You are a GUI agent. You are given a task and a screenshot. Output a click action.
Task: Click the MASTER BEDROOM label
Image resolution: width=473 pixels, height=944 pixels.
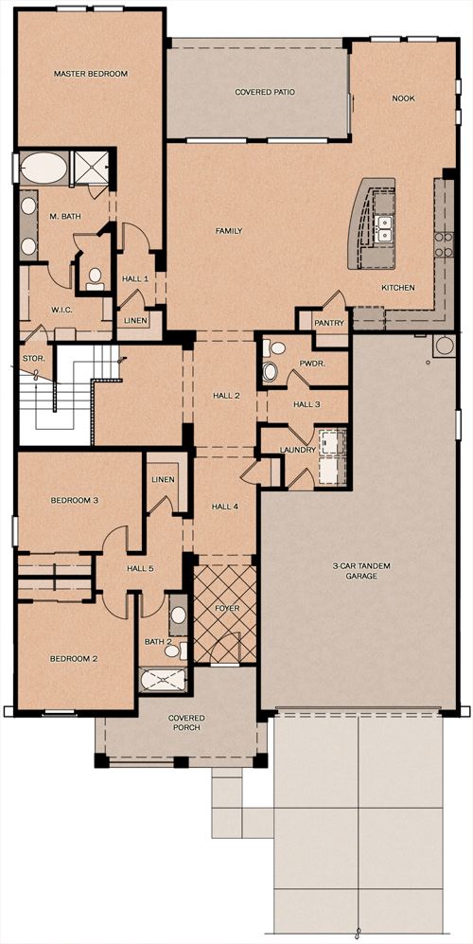91,74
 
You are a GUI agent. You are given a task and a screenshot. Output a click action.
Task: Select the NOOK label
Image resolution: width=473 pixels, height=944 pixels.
404,98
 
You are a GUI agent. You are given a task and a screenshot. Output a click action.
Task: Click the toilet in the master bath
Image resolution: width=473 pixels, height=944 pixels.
95,278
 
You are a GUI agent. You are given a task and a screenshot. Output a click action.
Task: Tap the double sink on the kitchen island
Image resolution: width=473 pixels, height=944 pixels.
383,229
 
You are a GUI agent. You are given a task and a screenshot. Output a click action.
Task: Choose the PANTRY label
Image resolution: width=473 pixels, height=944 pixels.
329,323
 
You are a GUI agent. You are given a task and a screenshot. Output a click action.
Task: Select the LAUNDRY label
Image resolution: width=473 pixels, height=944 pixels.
298,449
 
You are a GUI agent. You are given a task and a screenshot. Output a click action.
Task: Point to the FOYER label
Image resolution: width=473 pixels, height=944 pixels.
227,609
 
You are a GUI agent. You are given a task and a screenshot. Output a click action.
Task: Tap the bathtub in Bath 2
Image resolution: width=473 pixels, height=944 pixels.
164,681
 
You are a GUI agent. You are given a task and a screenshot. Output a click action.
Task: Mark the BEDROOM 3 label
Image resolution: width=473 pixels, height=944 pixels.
74,500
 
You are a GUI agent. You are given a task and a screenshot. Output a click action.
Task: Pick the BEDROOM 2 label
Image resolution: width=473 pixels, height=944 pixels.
74,659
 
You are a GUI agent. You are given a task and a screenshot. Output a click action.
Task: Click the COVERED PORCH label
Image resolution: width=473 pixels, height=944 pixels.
186,722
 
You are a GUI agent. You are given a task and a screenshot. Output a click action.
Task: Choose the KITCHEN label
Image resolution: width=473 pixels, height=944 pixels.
398,288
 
